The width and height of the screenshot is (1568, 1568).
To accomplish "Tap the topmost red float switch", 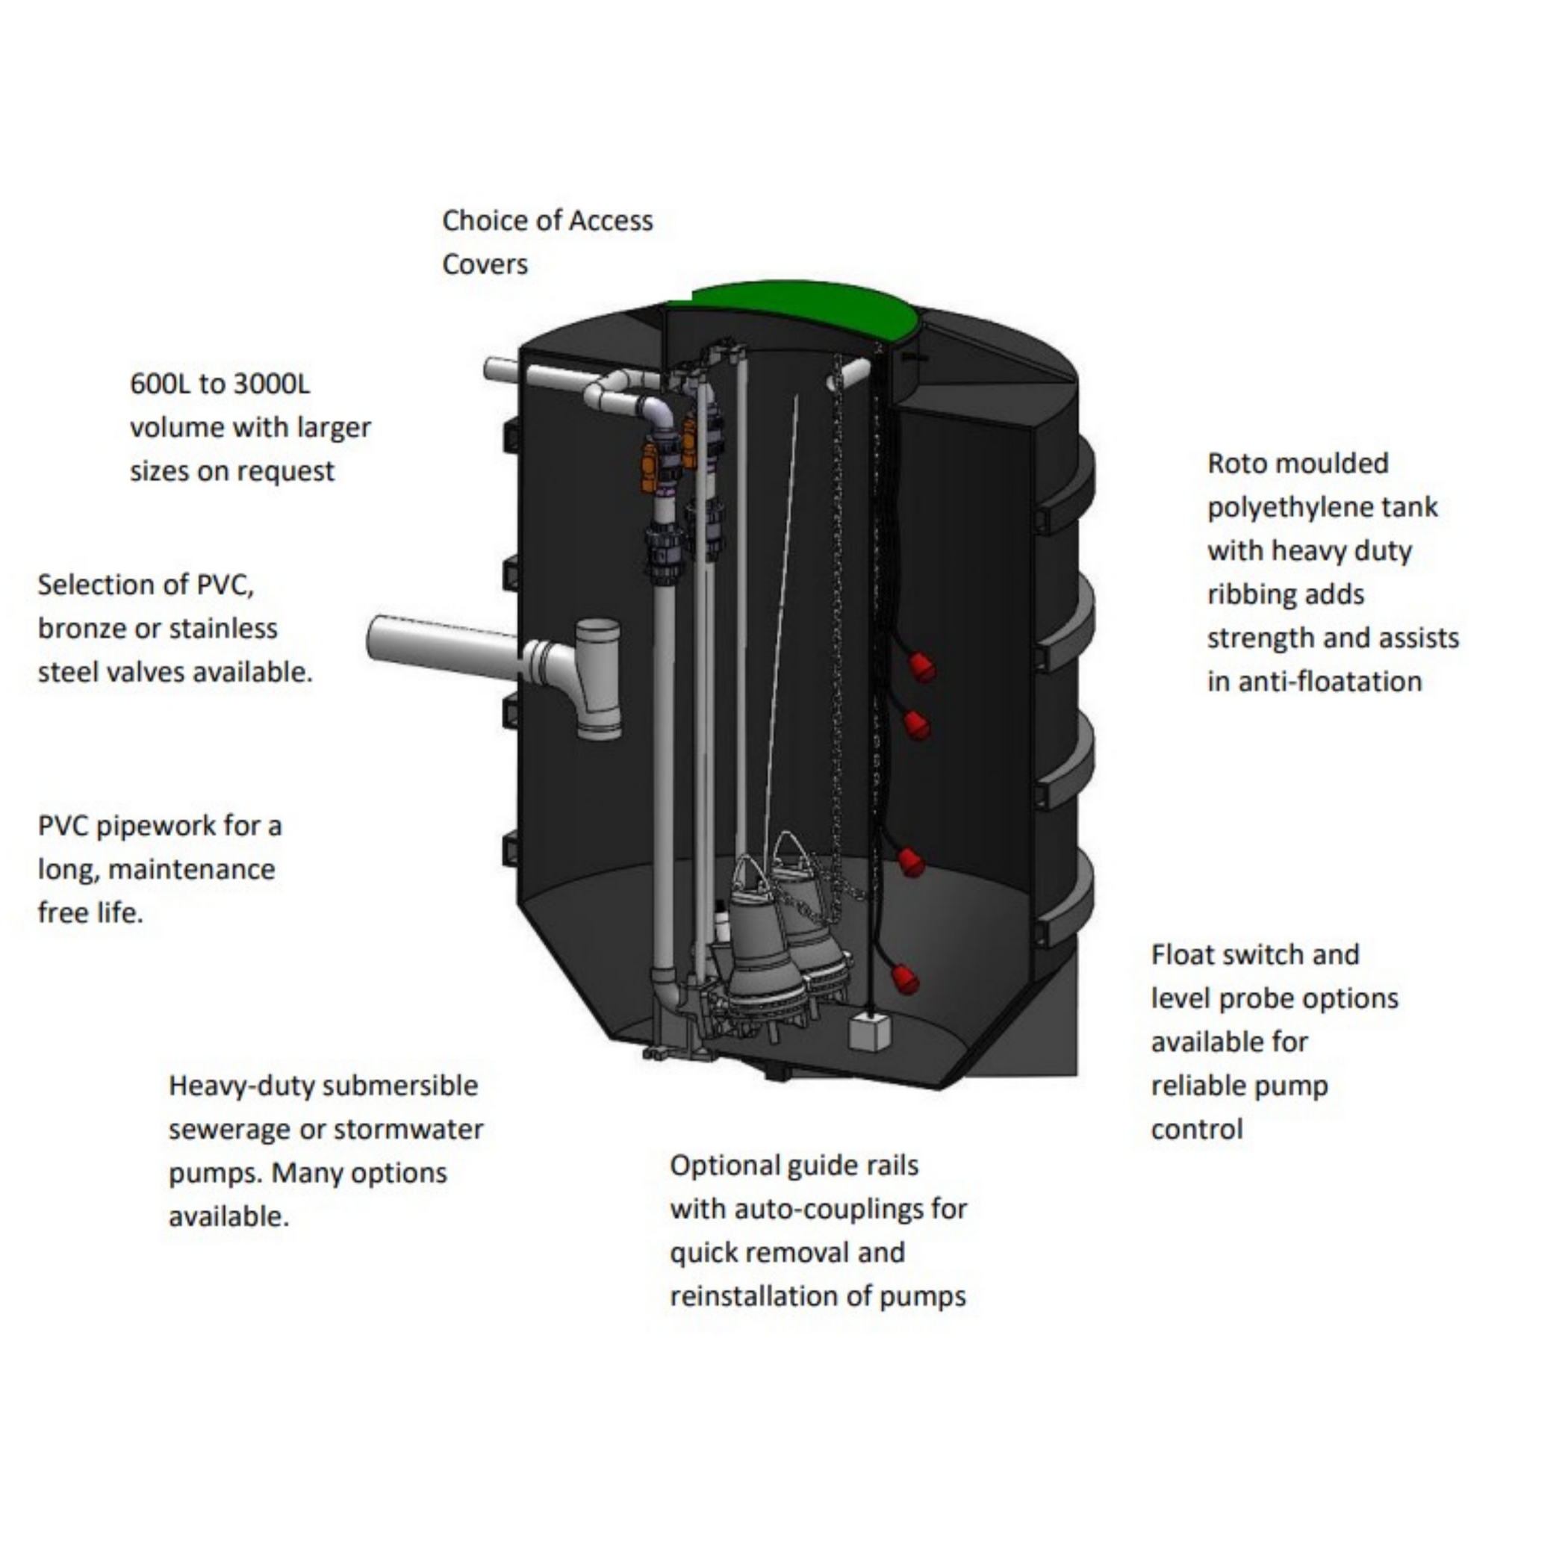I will pyautogui.click(x=921, y=667).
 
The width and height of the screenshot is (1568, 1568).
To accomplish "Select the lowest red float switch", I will pyautogui.click(x=905, y=979).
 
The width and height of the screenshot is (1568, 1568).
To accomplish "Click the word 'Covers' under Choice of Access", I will pyautogui.click(x=485, y=264).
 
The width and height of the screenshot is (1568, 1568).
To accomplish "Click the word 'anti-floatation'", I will pyautogui.click(x=1314, y=682).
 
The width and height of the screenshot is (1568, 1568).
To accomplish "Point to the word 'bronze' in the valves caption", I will pyautogui.click(x=84, y=628).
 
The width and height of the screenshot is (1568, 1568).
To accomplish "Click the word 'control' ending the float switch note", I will pyautogui.click(x=1196, y=1130).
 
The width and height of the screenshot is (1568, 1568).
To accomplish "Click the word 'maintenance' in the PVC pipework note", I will pyautogui.click(x=192, y=869).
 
